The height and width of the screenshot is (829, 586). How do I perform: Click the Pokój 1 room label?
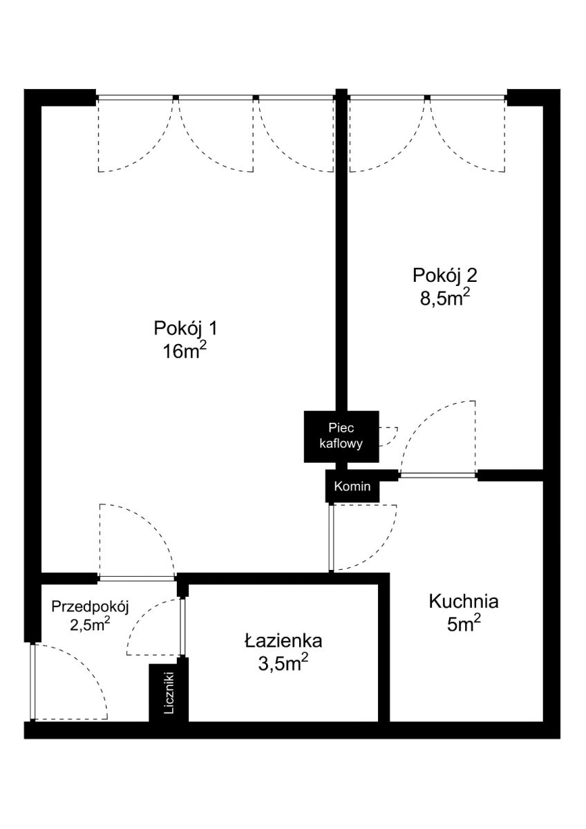(185, 329)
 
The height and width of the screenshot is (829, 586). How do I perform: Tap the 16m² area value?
(184, 351)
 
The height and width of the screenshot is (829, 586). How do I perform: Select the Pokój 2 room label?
(444, 276)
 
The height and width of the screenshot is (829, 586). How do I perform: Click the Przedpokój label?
(90, 607)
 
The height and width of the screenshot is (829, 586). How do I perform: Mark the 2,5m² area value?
(90, 625)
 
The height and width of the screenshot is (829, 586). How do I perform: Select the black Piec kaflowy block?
(341, 437)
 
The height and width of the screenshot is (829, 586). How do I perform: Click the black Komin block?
(352, 486)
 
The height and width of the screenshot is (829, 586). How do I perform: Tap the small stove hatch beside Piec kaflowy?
(388, 437)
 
